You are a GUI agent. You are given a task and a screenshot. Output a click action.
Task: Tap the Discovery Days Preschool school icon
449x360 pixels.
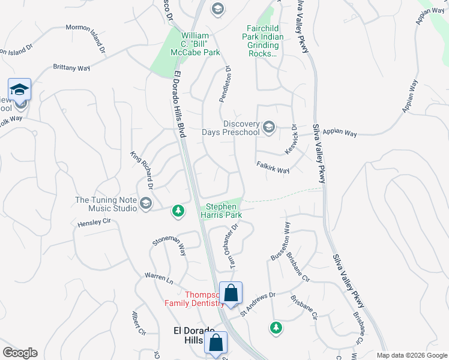pyautogui.click(x=268, y=127)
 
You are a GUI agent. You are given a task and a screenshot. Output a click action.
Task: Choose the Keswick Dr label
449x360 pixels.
pyautogui.click(x=291, y=139)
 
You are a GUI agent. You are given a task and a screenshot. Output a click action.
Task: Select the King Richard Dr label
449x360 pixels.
pyautogui.click(x=142, y=170)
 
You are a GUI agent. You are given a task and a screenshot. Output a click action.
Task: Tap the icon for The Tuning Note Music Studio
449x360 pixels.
pyautogui.click(x=145, y=204)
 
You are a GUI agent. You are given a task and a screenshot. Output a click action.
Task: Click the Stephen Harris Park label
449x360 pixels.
pyautogui.click(x=221, y=210)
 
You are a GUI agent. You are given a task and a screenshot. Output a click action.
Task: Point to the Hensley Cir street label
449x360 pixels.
pyautogui.click(x=94, y=223)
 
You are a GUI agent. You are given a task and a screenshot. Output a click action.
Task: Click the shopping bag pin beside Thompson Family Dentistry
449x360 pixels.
pyautogui.click(x=231, y=294)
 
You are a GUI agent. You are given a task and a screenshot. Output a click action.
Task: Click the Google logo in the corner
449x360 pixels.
pyautogui.click(x=20, y=353)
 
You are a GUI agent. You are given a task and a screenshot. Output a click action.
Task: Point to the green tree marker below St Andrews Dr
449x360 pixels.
pyautogui.click(x=276, y=328)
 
